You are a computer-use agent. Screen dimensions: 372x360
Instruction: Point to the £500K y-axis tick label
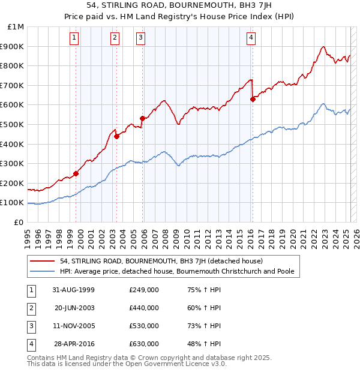pos(13,124)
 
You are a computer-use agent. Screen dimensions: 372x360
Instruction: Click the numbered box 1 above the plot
pos(74,38)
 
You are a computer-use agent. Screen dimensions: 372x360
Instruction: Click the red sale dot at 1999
pos(76,174)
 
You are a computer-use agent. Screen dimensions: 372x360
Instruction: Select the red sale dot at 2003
pos(117,136)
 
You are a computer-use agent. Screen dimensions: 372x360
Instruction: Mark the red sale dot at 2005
pos(142,119)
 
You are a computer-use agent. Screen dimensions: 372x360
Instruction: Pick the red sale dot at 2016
pos(253,100)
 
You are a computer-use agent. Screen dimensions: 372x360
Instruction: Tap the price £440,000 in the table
pos(144,308)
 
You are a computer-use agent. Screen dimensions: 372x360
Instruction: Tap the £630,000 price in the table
pos(144,344)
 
